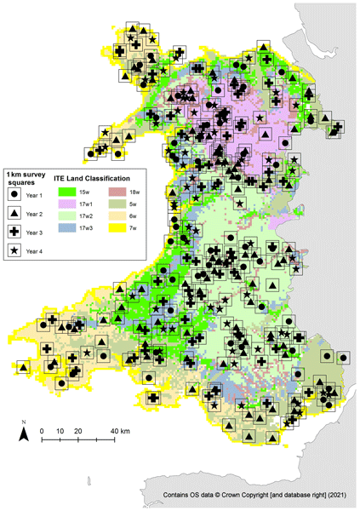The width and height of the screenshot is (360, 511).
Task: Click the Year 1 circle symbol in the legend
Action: point(14,195)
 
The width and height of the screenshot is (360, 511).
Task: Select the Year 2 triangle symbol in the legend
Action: point(14,214)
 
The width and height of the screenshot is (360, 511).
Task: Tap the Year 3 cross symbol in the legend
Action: point(14,232)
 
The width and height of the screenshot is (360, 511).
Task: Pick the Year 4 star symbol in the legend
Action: point(14,250)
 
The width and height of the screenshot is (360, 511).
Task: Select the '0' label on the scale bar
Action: point(43,432)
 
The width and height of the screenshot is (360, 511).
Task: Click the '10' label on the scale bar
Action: point(60,432)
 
